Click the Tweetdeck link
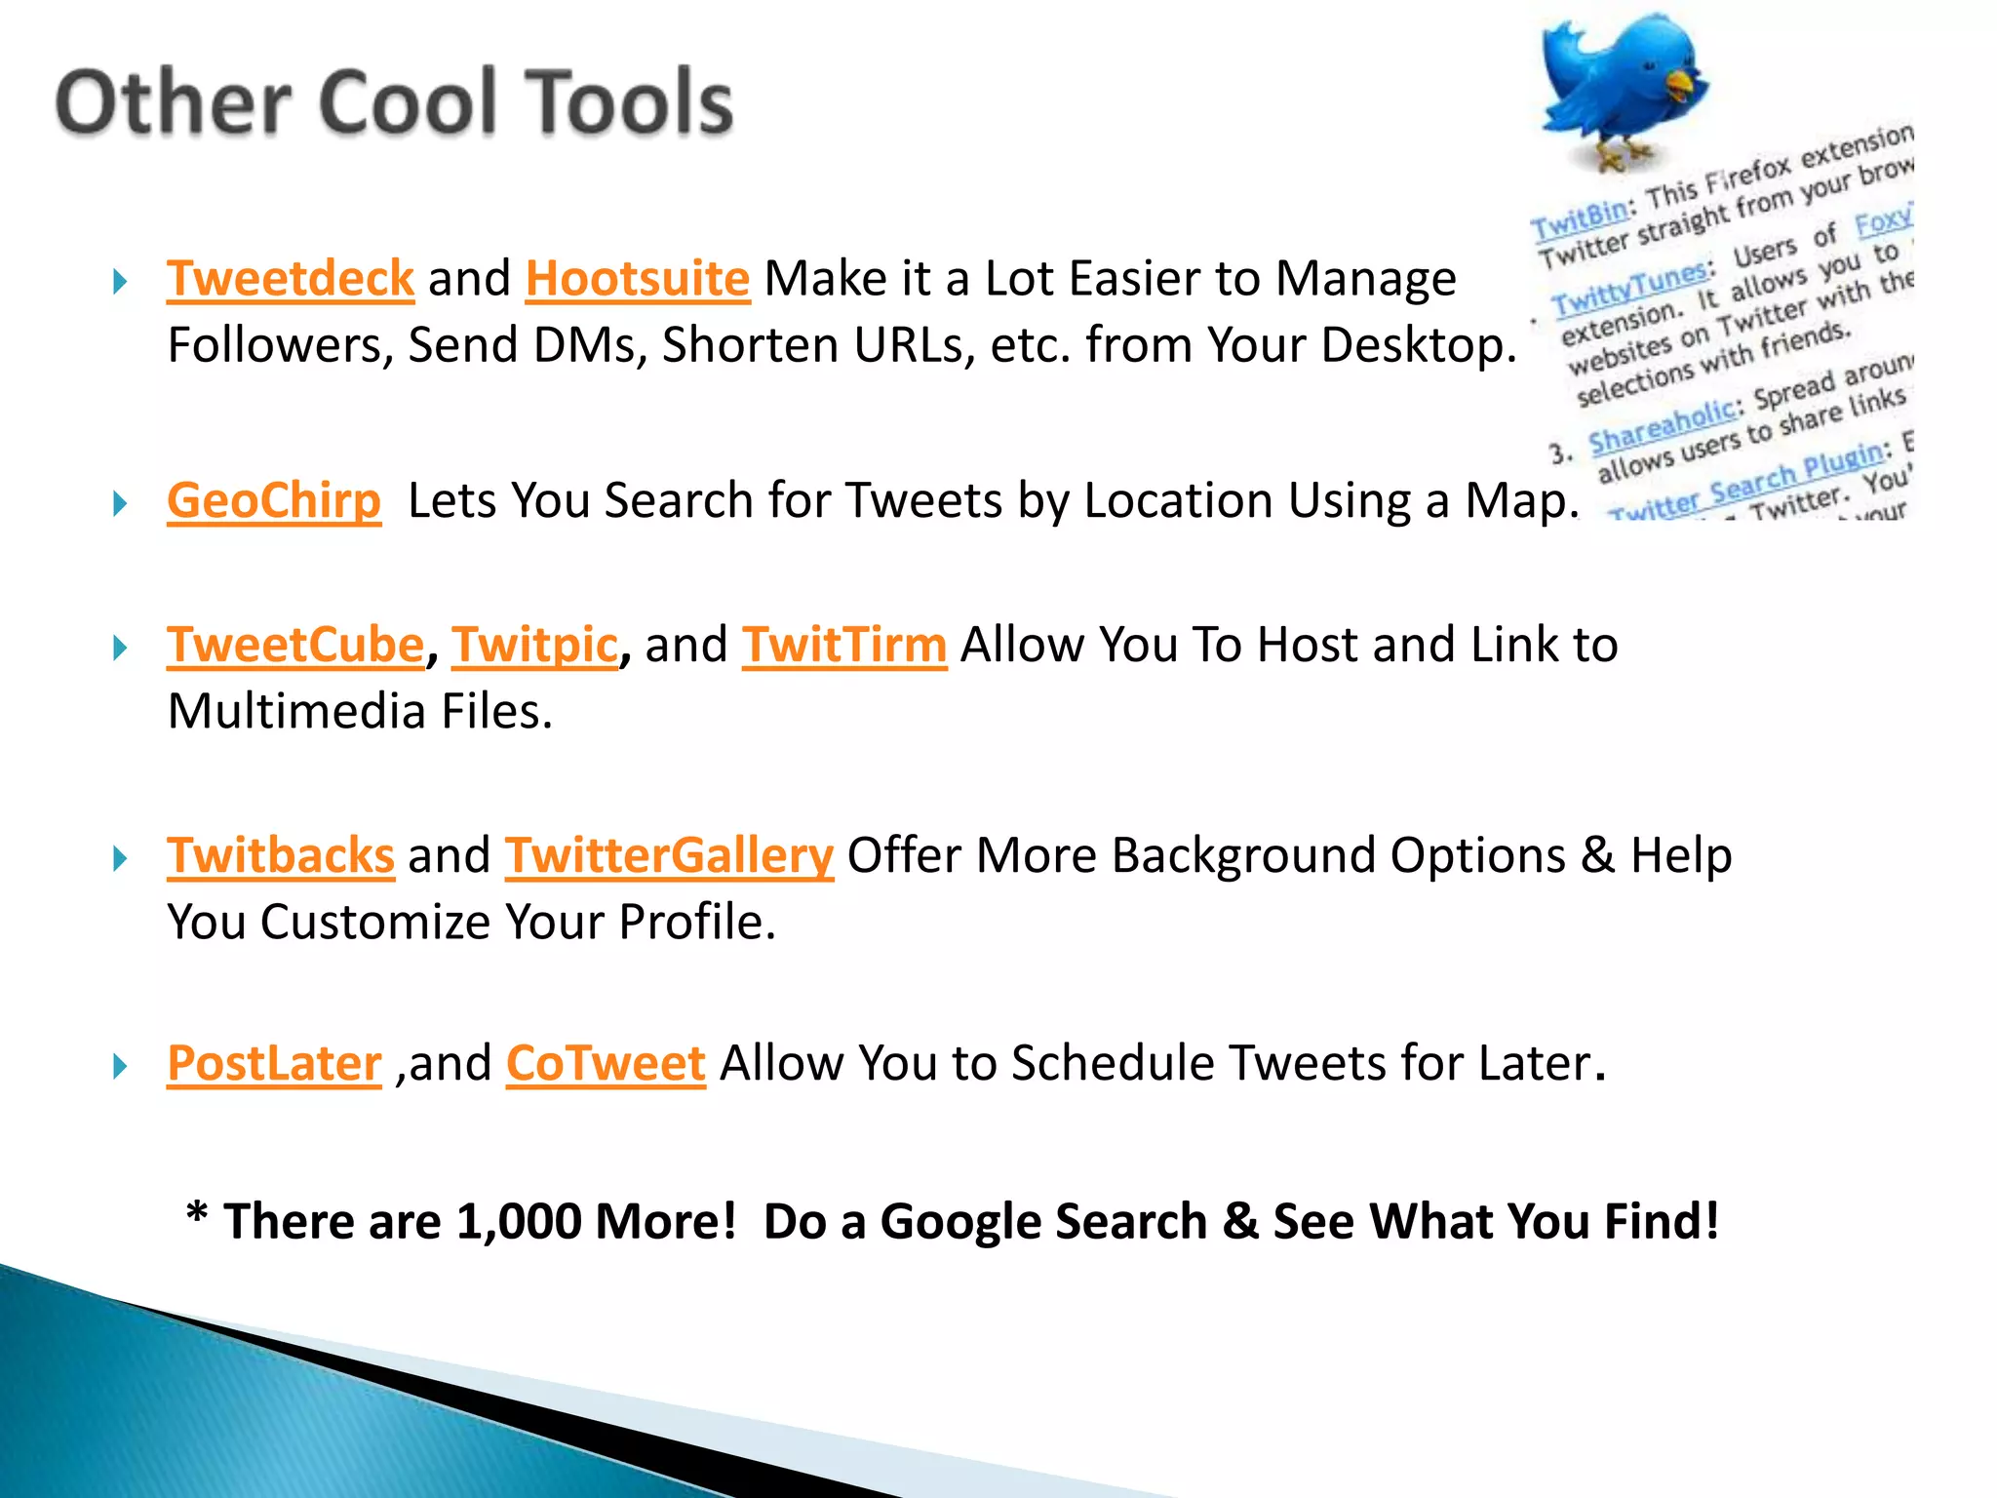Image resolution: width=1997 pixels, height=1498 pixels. coord(291,279)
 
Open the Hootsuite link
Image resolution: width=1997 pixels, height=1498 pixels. coord(638,279)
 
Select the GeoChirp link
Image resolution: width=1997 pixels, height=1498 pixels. coord(274,500)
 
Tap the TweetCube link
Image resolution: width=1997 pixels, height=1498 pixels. coord(296,645)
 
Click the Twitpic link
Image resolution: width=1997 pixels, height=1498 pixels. coord(534,645)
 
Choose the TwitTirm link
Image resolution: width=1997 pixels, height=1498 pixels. coord(844,645)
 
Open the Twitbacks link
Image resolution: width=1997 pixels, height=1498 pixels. coord(281,855)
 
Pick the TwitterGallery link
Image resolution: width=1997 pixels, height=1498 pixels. coord(669,855)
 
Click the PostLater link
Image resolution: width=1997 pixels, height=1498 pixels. coord(274,1063)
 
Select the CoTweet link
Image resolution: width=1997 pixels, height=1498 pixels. coord(606,1063)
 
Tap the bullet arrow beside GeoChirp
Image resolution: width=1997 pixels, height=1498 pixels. coord(120,504)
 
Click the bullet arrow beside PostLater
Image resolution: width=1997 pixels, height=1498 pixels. coord(120,1066)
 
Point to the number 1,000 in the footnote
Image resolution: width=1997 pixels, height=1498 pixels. coord(518,1221)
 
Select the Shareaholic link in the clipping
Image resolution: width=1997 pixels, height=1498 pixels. coord(1662,426)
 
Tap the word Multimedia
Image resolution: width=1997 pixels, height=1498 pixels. coord(297,711)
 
